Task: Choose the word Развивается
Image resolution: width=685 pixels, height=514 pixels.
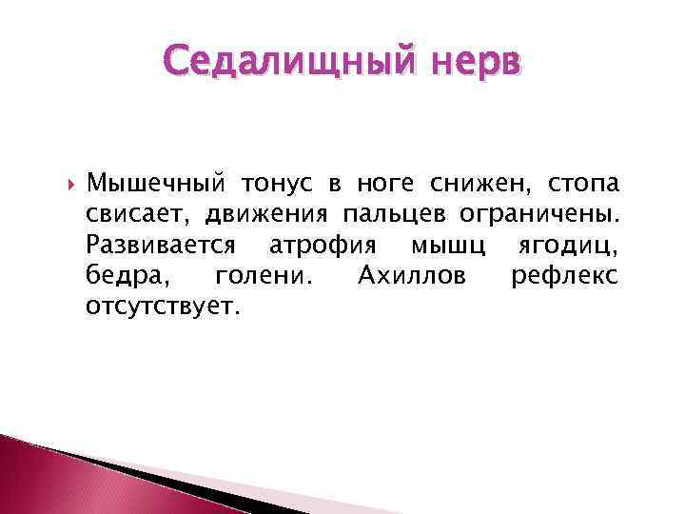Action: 161,245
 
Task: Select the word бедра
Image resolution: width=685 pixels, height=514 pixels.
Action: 119,276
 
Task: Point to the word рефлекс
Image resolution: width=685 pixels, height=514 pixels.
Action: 564,276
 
